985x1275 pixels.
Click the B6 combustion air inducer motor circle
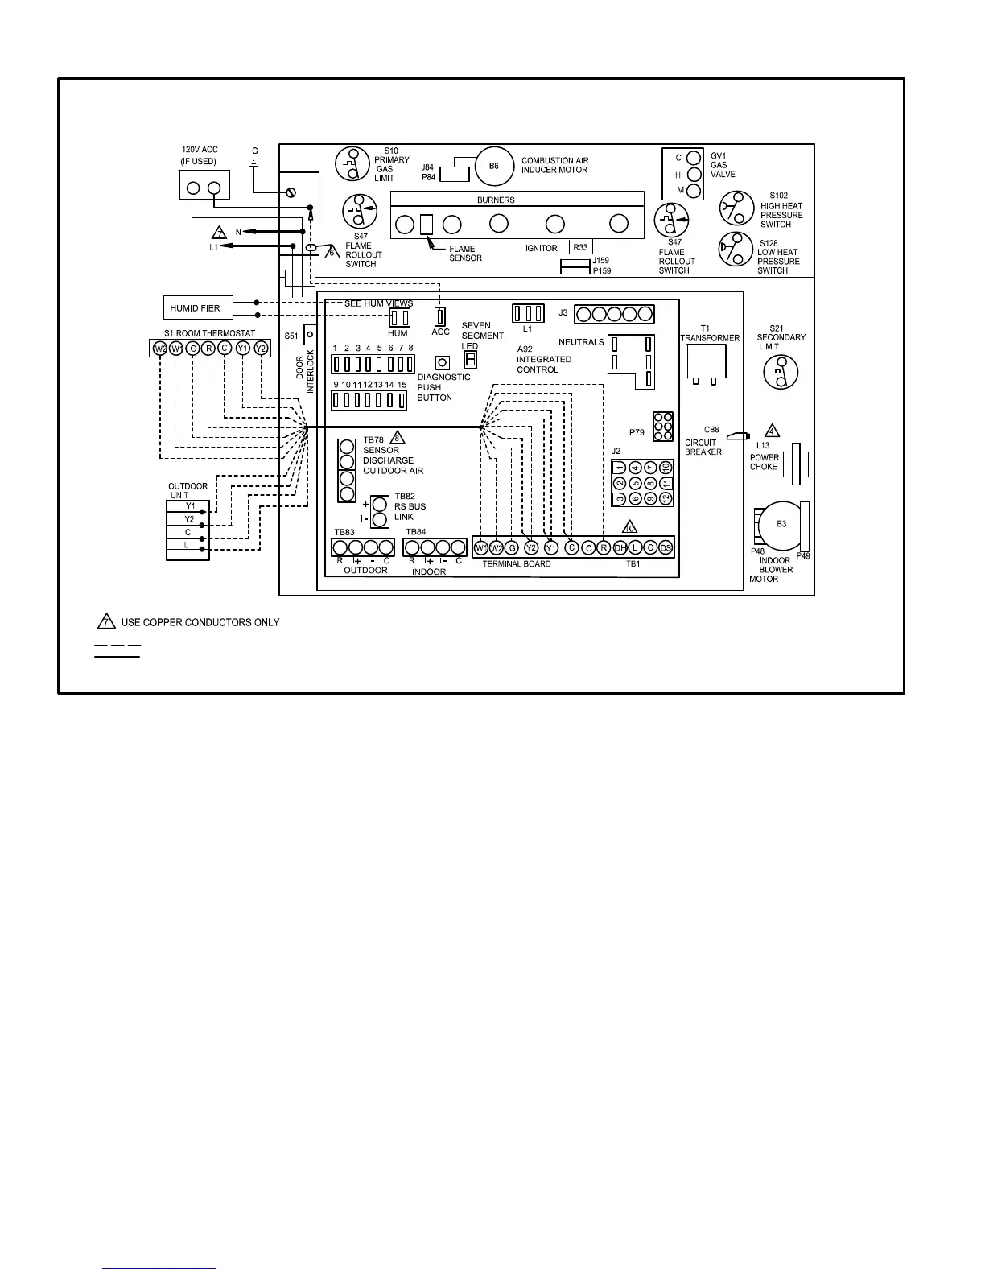pos(494,166)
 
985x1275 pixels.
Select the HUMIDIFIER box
pos(198,307)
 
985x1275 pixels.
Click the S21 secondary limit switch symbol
pos(780,371)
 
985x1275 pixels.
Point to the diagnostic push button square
pos(442,363)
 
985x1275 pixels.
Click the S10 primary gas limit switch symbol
pos(352,165)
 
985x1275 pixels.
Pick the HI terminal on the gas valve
pos(694,175)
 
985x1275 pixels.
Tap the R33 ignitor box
pos(580,248)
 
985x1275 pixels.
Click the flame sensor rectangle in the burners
pos(427,224)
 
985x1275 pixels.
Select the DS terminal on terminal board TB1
pos(666,548)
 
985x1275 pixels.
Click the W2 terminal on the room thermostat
pos(160,349)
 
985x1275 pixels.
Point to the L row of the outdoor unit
pos(188,546)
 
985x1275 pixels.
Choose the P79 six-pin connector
pos(663,427)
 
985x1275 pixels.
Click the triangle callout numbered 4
pos(772,431)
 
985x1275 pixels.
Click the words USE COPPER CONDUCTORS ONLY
pos(200,622)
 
